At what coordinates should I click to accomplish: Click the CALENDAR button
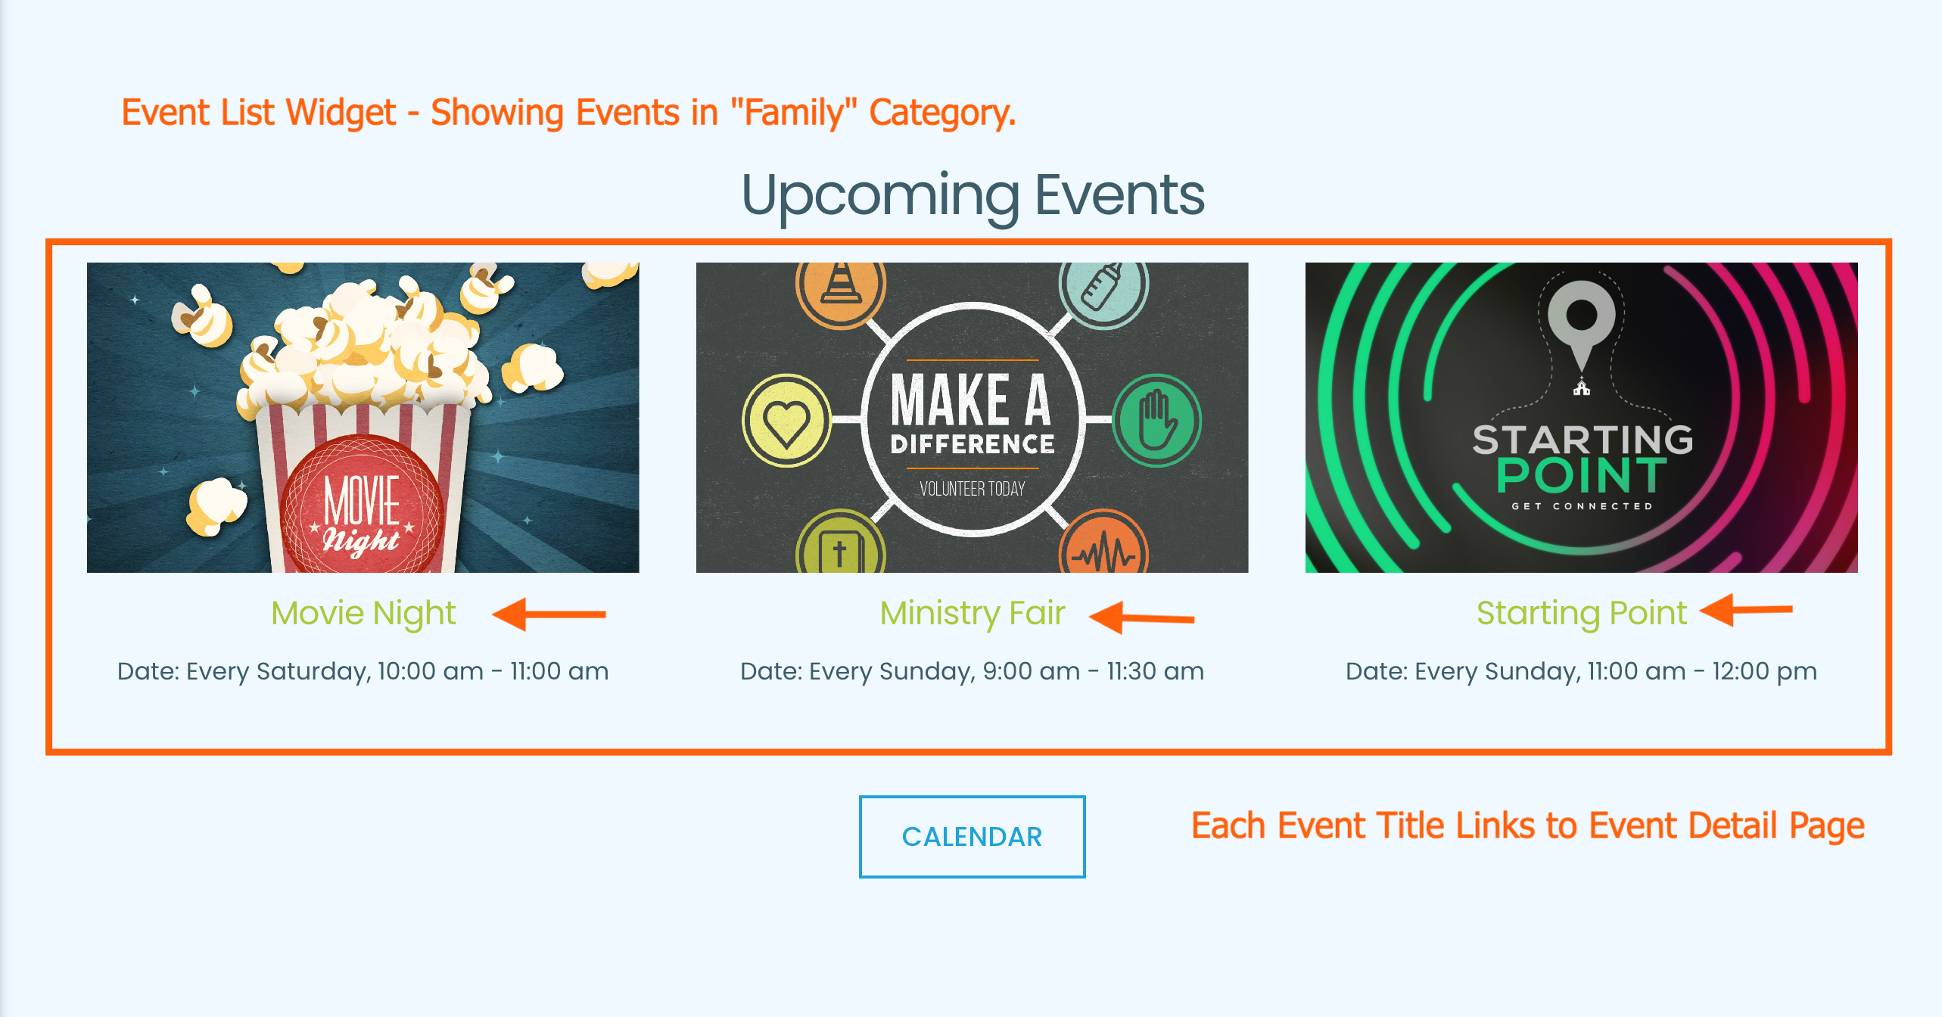tap(972, 836)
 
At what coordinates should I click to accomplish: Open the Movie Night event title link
tap(363, 613)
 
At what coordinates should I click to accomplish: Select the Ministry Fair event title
tap(972, 613)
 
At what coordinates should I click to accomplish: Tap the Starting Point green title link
tap(1581, 613)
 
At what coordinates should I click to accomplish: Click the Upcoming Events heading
tap(972, 195)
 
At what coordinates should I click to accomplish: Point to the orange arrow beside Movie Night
tap(549, 614)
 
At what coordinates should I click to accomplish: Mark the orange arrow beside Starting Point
tap(1745, 610)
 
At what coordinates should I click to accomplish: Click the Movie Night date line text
tap(363, 671)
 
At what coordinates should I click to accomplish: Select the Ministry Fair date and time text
tap(972, 671)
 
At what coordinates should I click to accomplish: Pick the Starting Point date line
tap(1581, 671)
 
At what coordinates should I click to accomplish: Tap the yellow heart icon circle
tap(786, 420)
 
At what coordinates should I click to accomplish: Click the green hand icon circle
tap(1156, 420)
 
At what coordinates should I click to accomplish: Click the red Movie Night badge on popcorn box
tap(362, 507)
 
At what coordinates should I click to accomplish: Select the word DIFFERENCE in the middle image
tap(972, 444)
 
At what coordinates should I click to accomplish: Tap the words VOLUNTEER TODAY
tap(972, 489)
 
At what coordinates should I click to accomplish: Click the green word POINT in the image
tap(1581, 475)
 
